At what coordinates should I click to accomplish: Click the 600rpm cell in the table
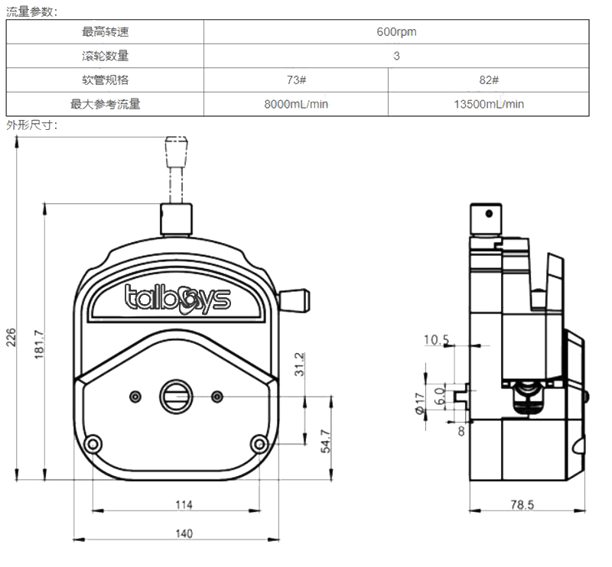[x=396, y=32]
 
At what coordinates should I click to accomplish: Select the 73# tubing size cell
[x=296, y=80]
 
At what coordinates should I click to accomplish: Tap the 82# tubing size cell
[x=488, y=80]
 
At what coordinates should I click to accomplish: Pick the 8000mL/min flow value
[x=296, y=105]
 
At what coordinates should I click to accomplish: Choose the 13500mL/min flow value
[x=488, y=105]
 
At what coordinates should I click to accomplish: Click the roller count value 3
[x=396, y=56]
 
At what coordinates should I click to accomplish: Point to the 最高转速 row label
[x=106, y=32]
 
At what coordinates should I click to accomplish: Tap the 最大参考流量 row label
[x=106, y=105]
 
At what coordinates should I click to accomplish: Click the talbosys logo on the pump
[x=177, y=298]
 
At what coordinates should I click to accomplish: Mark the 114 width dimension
[x=184, y=504]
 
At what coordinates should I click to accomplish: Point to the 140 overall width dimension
[x=184, y=533]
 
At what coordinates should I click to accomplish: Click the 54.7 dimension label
[x=324, y=442]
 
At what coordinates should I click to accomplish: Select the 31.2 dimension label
[x=300, y=364]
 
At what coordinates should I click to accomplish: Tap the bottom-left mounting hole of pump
[x=93, y=444]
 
